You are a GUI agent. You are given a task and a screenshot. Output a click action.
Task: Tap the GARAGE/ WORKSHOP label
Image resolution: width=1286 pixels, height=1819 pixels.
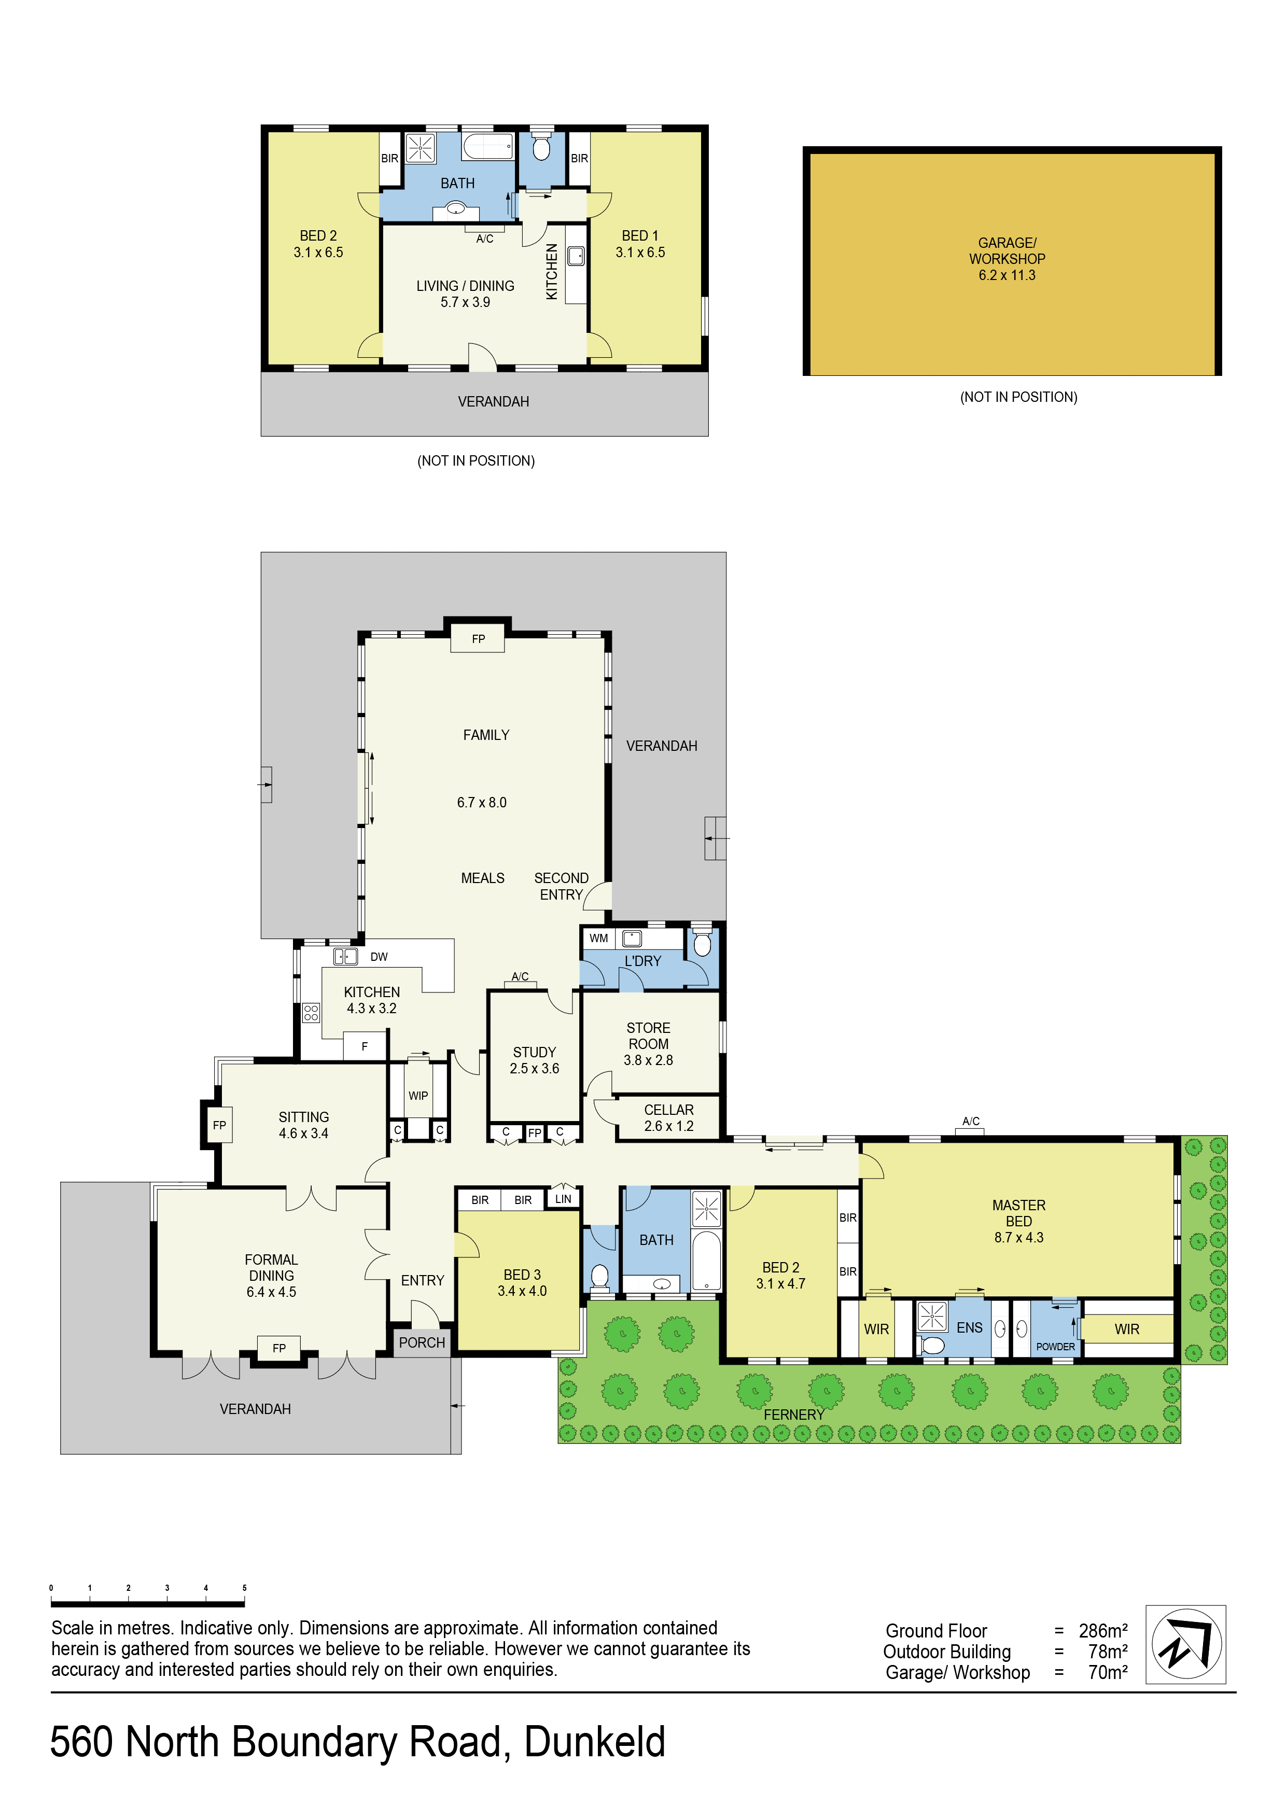[x=1007, y=250]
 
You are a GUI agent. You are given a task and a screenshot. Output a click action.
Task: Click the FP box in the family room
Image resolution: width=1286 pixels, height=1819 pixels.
[x=478, y=638]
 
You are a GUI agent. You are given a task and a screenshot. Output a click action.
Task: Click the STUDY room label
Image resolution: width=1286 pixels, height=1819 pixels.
[x=534, y=1052]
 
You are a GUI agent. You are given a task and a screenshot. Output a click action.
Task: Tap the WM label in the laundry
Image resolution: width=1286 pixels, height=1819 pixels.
[x=598, y=938]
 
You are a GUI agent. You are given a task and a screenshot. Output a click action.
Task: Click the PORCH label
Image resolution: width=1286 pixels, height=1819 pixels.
[x=422, y=1342]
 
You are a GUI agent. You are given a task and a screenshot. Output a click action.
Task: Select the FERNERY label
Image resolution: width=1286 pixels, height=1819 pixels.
[x=794, y=1414]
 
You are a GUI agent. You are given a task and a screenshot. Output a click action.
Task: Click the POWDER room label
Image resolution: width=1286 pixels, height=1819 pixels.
[x=1055, y=1346]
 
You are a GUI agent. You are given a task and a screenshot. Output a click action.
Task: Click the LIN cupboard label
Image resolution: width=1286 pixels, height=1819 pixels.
[x=563, y=1199]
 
